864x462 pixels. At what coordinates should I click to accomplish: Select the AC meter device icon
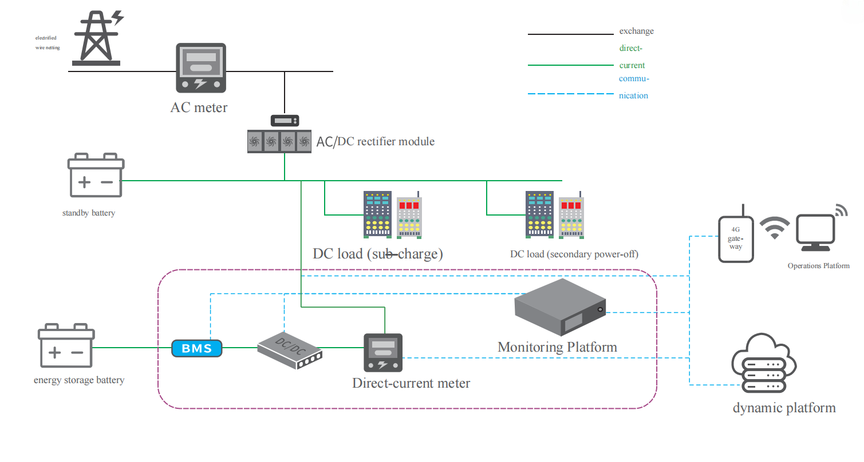click(x=200, y=68)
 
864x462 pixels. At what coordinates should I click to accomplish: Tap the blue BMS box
click(x=196, y=348)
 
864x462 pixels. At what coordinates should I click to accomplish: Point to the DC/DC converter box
click(x=289, y=349)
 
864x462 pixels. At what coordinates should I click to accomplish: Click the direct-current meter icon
click(x=384, y=352)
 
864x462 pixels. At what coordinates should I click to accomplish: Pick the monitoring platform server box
click(x=559, y=308)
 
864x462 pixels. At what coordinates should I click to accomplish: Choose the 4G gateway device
click(x=736, y=238)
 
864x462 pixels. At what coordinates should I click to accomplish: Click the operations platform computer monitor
click(x=816, y=233)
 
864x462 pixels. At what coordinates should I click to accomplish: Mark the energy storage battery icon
click(x=65, y=346)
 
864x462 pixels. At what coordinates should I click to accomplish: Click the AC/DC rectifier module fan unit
click(x=279, y=141)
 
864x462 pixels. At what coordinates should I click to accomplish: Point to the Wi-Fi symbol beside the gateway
click(x=774, y=228)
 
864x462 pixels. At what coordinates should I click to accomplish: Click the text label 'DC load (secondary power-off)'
click(x=574, y=254)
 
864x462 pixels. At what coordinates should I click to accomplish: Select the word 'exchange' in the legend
click(x=636, y=31)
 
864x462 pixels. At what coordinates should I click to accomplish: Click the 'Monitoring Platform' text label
click(x=557, y=346)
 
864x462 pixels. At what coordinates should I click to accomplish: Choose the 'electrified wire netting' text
click(x=47, y=43)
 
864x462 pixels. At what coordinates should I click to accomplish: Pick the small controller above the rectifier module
click(x=285, y=121)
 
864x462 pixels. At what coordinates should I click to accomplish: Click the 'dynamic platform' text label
click(x=784, y=408)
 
